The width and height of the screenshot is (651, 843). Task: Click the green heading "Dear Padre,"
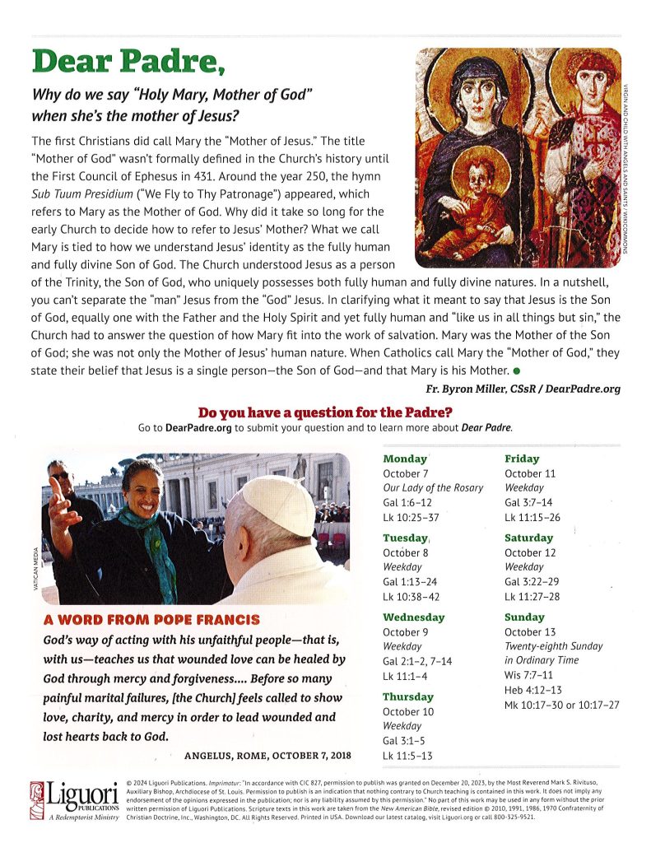point(128,61)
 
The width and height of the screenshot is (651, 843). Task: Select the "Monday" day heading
point(405,459)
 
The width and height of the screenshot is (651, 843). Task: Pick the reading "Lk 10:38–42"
point(411,597)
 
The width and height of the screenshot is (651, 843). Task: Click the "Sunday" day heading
point(525,617)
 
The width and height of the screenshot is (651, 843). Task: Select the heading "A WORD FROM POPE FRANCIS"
point(151,619)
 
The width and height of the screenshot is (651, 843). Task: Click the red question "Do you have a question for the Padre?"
point(325,412)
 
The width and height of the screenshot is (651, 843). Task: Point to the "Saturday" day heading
point(529,538)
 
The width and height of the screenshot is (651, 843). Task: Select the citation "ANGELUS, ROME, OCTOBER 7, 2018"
point(267,755)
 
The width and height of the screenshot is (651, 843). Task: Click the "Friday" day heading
point(522,459)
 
